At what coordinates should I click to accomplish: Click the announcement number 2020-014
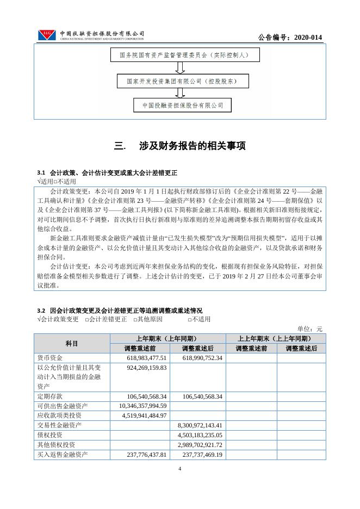pyautogui.click(x=290, y=37)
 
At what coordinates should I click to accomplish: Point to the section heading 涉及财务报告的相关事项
pyautogui.click(x=180, y=146)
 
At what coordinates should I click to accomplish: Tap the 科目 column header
pyautogui.click(x=72, y=343)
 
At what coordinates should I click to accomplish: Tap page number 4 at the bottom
pyautogui.click(x=180, y=468)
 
